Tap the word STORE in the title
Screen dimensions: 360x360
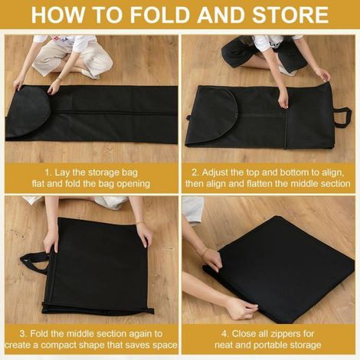point(290,15)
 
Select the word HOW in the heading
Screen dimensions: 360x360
point(57,15)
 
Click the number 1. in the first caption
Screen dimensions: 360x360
point(48,172)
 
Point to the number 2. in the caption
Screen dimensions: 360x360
point(195,172)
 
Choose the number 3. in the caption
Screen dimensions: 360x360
point(24,334)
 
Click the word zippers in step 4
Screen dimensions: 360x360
point(286,334)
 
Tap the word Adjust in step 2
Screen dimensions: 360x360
point(215,173)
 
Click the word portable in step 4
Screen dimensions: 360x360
point(270,345)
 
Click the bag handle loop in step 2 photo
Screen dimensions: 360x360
point(342,118)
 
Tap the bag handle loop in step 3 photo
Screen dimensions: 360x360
point(34,261)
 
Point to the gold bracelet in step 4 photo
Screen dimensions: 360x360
point(204,254)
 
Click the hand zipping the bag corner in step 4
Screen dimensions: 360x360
point(243,309)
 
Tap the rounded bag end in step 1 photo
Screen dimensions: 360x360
point(28,113)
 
